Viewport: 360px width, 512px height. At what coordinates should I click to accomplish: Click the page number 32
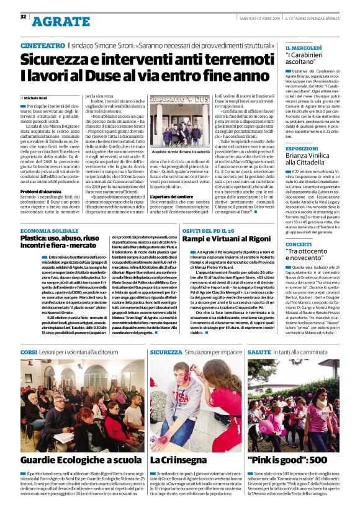tap(23, 16)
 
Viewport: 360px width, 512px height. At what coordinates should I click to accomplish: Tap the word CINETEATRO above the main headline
tap(42, 46)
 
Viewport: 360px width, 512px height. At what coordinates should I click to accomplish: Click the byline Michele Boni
tap(37, 98)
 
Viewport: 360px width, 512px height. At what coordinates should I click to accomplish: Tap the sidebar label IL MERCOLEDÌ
tap(304, 48)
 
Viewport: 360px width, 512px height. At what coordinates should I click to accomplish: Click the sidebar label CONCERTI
tap(299, 245)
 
